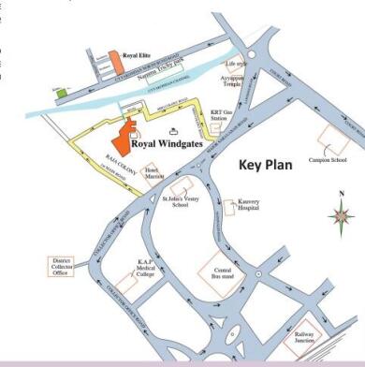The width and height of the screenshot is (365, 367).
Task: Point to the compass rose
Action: pyautogui.click(x=342, y=218)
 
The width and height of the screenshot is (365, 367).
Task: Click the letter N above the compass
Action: pyautogui.click(x=342, y=195)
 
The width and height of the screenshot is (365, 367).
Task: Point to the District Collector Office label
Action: pyautogui.click(x=58, y=266)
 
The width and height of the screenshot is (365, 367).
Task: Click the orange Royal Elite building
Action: pyautogui.click(x=116, y=62)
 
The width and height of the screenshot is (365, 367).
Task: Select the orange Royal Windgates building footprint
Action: pyautogui.click(x=131, y=124)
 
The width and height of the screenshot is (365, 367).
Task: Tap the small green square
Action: pyautogui.click(x=62, y=93)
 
